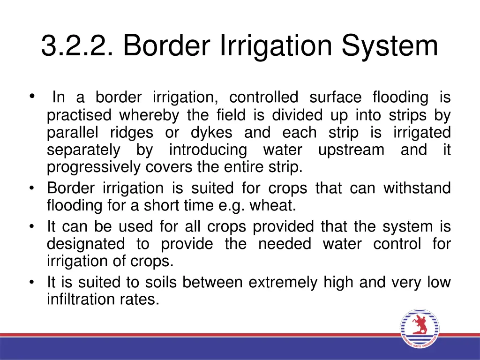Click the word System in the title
(390, 46)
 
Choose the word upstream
(351, 150)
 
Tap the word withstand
(417, 188)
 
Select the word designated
(86, 244)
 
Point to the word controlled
(263, 97)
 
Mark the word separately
(83, 150)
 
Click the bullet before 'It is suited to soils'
(31, 282)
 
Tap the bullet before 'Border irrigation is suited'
(31, 188)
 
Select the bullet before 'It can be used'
(31, 227)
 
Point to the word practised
(79, 115)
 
